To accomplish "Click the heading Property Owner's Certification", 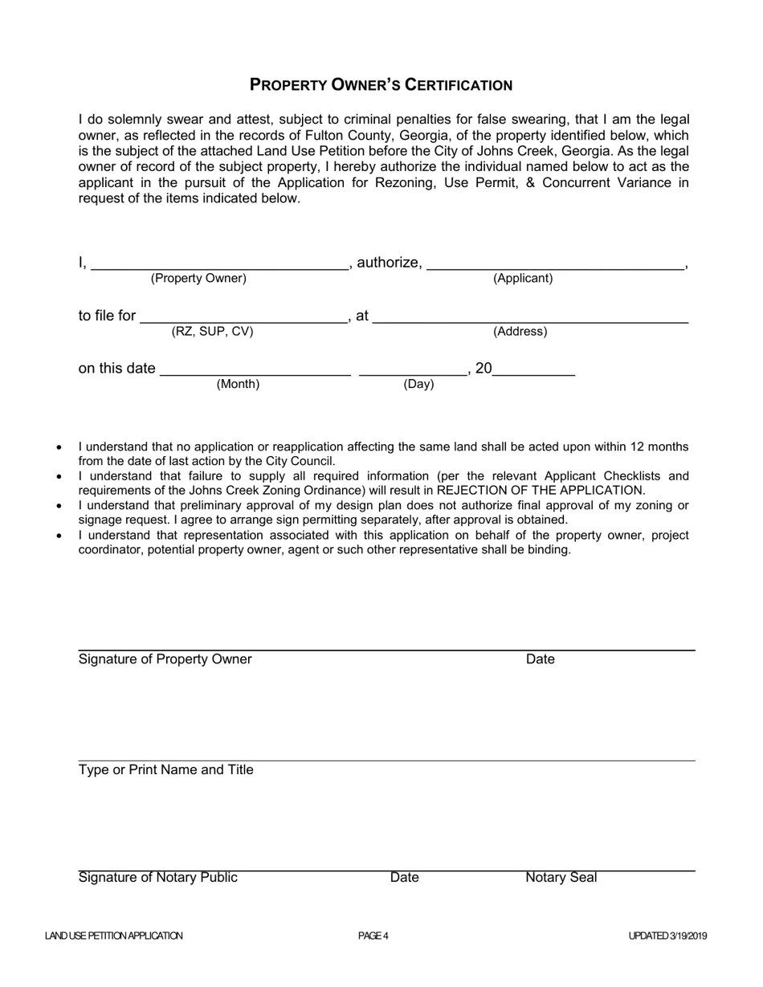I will [381, 85].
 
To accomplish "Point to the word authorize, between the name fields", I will [389, 263].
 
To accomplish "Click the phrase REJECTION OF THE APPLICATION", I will [540, 490].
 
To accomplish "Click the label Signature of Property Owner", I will [165, 659].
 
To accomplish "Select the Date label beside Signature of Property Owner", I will [540, 659].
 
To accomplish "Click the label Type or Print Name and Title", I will [165, 770].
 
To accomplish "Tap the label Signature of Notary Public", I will [157, 878].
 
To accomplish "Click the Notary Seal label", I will [561, 878].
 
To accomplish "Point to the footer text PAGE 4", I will [373, 936].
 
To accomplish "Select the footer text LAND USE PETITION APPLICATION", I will [114, 936].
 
